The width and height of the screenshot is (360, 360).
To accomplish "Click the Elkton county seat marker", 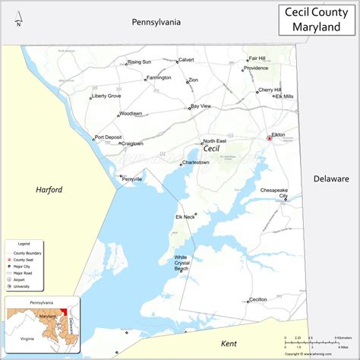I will pos(269,138).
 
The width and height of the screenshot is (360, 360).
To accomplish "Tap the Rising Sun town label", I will pos(140,62).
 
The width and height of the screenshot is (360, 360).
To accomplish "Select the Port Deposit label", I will pos(108,137).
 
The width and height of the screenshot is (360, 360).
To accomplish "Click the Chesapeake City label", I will pos(274,192).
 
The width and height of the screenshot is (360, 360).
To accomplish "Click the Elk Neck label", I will pos(185,217).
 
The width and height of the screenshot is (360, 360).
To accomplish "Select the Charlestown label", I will pos(195,162).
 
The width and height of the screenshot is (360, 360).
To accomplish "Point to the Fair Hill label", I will pos(257,58).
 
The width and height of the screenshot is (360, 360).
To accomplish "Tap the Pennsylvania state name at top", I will pos(156,22).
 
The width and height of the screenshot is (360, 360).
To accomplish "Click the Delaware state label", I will pos(331,178).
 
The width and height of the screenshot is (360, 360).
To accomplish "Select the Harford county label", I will pos(49,189).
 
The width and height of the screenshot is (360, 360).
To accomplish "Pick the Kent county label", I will pos(229,344).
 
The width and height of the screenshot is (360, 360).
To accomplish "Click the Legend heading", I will pos(24,242).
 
